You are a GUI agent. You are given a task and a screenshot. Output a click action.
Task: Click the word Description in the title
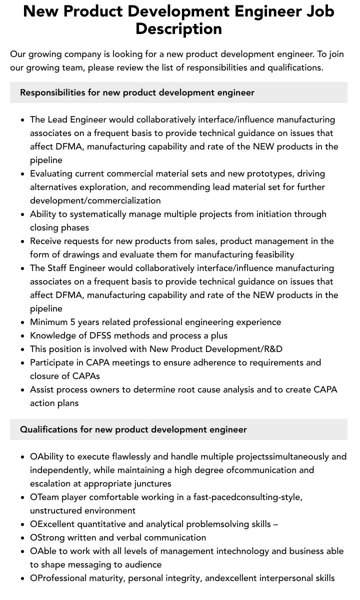[x=178, y=28]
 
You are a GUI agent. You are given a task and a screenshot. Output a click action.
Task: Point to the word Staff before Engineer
[x=58, y=268]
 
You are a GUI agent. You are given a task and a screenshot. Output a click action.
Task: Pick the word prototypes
[x=270, y=173]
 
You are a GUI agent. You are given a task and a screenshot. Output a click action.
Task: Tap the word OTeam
[x=44, y=497]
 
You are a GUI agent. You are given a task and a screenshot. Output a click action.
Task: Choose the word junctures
[x=150, y=483]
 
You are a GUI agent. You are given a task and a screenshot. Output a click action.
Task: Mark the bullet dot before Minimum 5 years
[x=22, y=322]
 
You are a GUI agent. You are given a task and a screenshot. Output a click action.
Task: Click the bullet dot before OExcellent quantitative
[x=22, y=524]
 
